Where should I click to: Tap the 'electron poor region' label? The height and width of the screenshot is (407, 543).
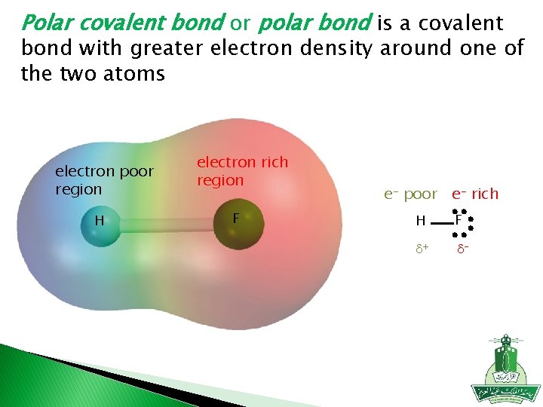click(103, 181)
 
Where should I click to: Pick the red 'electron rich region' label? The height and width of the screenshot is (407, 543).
click(242, 171)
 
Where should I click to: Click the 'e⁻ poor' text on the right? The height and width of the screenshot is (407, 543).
click(410, 194)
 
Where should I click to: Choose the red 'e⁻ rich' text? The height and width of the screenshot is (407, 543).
click(475, 194)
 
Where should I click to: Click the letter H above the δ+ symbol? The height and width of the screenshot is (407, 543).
click(421, 221)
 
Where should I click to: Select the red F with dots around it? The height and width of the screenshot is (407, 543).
click(459, 220)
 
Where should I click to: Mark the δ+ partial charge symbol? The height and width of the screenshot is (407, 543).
click(422, 248)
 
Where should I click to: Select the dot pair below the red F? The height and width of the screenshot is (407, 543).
click(459, 234)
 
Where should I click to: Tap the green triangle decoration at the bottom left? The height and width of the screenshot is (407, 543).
click(45, 377)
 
